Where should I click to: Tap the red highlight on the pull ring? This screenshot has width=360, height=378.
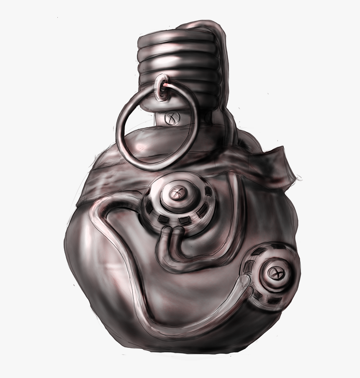coord(167,85)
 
